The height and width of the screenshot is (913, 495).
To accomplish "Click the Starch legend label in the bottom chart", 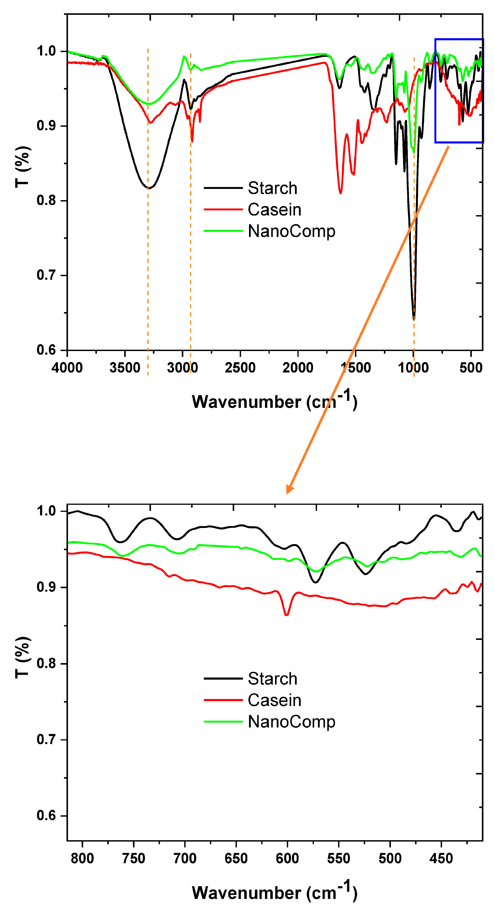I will pyautogui.click(x=272, y=679).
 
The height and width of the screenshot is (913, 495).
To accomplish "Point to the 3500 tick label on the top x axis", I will pyautogui.click(x=125, y=368).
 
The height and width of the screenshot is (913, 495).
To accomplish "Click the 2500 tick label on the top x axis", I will pyautogui.click(x=240, y=368).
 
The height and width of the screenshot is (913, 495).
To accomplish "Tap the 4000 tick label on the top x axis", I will pyautogui.click(x=67, y=368).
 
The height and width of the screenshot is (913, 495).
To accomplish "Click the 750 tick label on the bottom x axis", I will pyautogui.click(x=134, y=858).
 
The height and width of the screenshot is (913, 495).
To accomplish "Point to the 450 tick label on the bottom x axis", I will pyautogui.click(x=441, y=858).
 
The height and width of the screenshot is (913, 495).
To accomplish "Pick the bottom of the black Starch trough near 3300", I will pyautogui.click(x=149, y=188).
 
